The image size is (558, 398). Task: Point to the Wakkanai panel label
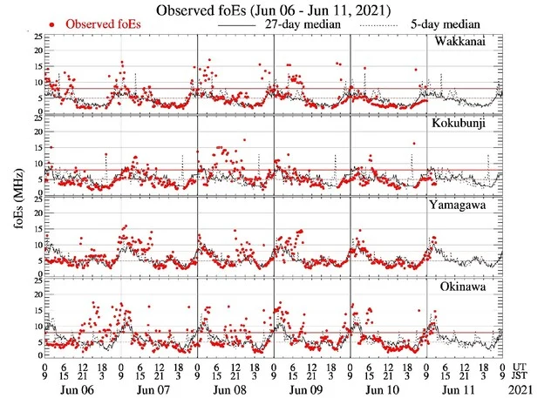pyautogui.click(x=474, y=43)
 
